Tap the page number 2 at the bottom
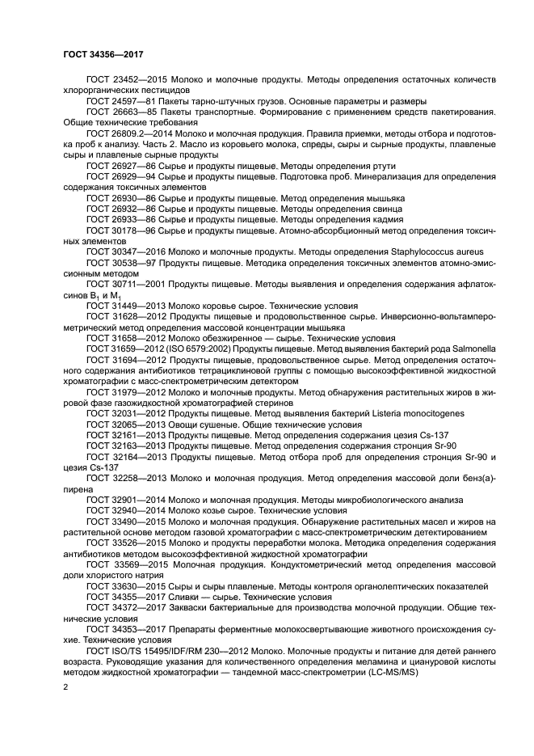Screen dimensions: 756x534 (x=65, y=687)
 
